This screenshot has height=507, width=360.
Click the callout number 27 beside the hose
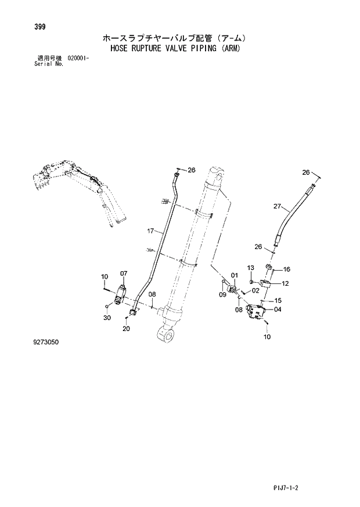tap(278, 206)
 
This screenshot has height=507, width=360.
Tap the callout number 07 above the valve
tap(124, 274)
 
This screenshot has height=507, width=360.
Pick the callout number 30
tap(107, 318)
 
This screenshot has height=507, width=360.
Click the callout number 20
tap(127, 329)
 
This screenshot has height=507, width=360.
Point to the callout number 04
tap(278, 310)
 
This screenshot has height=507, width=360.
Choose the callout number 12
tap(286, 283)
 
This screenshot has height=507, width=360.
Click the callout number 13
tap(251, 267)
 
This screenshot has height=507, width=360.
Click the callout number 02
tap(255, 292)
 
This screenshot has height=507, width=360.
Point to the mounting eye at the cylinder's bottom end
tap(165, 335)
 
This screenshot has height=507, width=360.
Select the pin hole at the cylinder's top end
tap(219, 172)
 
